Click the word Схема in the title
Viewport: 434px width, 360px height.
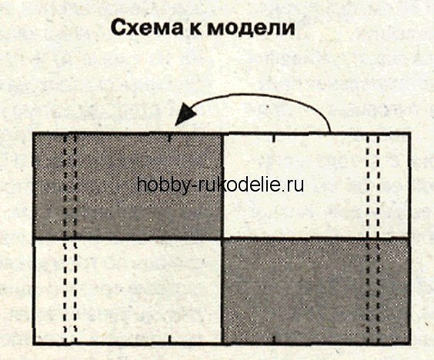146,28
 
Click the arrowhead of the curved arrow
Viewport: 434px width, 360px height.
184,114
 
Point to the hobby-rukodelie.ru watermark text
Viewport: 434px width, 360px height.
220,185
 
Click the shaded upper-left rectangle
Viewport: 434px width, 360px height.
128,185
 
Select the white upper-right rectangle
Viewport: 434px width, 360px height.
315,185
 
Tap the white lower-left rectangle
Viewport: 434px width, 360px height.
128,291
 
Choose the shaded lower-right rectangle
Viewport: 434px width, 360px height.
315,291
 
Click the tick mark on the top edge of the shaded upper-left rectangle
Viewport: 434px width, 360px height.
169,137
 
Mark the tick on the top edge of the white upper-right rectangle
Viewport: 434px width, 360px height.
274,138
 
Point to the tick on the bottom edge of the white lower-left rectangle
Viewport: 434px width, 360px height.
169,339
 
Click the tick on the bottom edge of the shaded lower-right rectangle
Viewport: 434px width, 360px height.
274,339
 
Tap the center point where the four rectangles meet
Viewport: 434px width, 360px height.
222,238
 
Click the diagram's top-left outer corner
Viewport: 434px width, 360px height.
33,133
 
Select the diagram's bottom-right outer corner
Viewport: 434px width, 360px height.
410,344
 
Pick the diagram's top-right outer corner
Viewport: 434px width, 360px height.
410,133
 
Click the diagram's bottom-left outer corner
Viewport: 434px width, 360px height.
33,344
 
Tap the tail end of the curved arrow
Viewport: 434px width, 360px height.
330,132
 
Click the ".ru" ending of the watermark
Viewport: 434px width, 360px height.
294,186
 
